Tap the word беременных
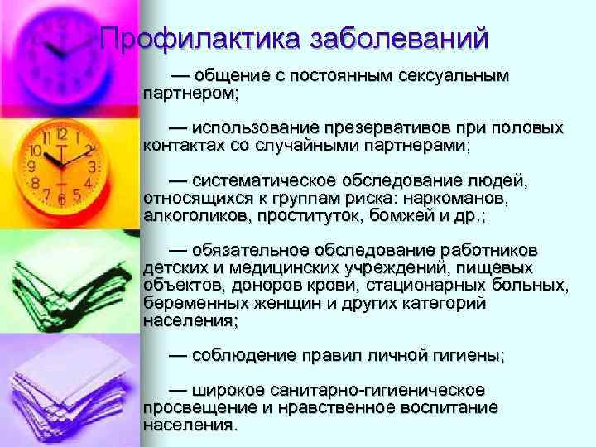pos(189,304)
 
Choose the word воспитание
pos(447,407)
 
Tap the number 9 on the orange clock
pos(33,166)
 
